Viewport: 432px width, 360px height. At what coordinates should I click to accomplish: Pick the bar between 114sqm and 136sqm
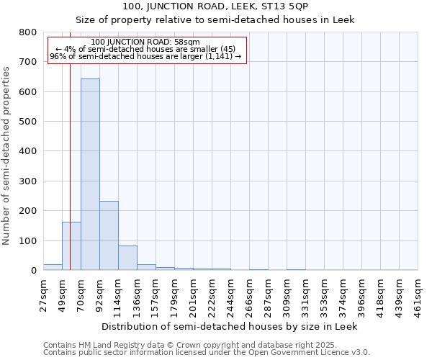pos(127,258)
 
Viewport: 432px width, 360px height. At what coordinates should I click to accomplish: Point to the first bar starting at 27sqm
pos(53,267)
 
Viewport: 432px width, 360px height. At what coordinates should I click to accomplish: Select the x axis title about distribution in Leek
pos(229,326)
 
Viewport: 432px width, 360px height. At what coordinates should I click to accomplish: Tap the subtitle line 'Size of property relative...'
pos(215,19)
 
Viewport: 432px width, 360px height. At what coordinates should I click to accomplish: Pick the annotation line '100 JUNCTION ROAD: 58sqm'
pos(146,42)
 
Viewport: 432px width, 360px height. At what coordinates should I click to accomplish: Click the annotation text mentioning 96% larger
pos(146,57)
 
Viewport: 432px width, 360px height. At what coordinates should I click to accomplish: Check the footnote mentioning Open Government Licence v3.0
pos(206,353)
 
